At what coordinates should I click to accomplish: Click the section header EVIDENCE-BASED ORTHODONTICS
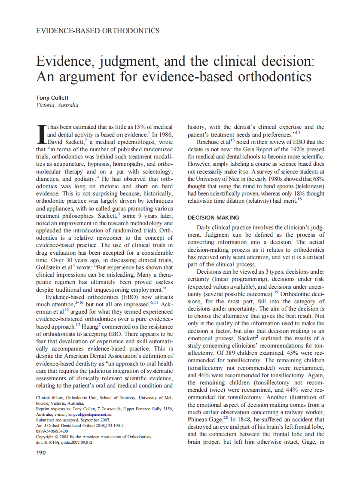click(x=98, y=31)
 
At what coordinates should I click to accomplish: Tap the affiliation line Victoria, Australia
click(x=57, y=105)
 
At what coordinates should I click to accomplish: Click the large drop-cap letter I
click(x=41, y=134)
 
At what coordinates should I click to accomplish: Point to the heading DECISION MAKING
click(x=214, y=218)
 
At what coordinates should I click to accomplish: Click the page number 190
click(x=42, y=452)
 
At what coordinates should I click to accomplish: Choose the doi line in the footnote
click(x=64, y=442)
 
